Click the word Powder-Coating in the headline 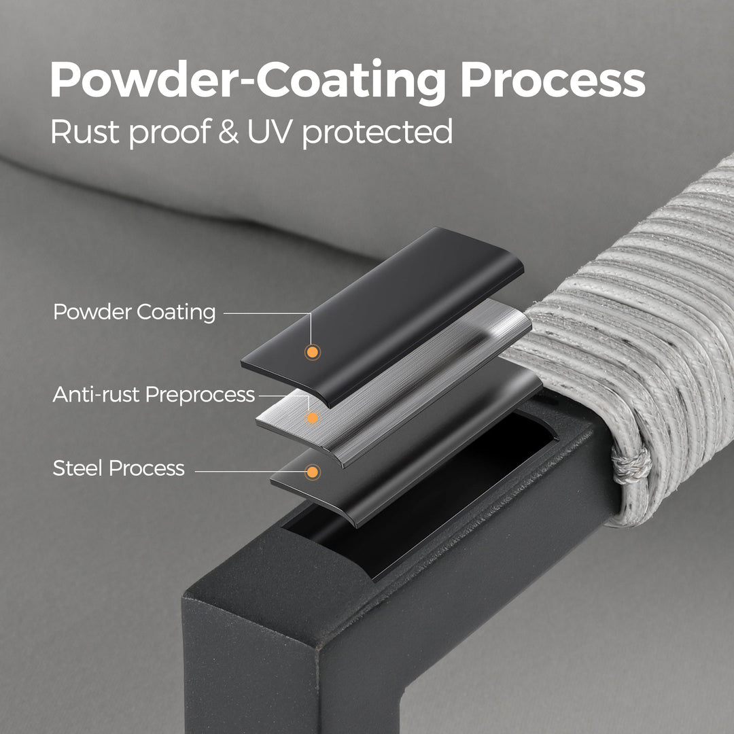click(x=247, y=81)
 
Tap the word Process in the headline click(x=553, y=80)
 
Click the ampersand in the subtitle click(x=228, y=132)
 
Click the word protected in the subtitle click(x=377, y=133)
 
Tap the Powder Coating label click(x=135, y=312)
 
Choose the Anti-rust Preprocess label click(x=154, y=395)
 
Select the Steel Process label click(x=118, y=468)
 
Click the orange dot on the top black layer click(x=312, y=351)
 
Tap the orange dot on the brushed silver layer click(x=312, y=417)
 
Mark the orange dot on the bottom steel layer click(x=312, y=472)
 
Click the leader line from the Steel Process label click(x=249, y=472)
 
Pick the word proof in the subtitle click(x=170, y=133)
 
